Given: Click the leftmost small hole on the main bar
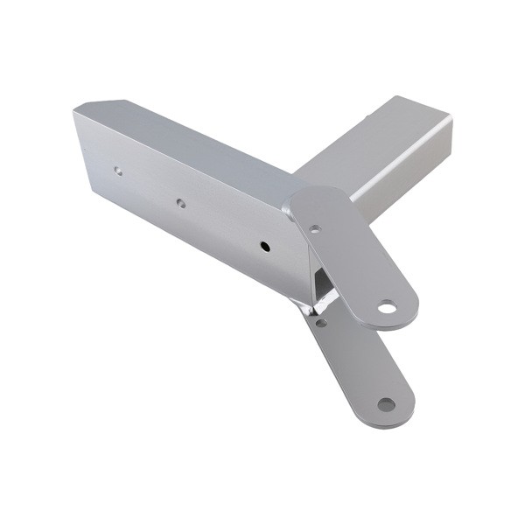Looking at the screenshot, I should [x=118, y=171].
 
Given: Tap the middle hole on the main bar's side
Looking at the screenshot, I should [x=180, y=203].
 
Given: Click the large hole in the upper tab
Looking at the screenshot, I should [x=386, y=307].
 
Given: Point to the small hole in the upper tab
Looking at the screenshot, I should [x=315, y=230].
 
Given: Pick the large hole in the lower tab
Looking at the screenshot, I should [x=386, y=404].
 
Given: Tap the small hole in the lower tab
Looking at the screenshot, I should [x=321, y=323].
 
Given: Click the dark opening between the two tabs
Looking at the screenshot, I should [x=323, y=284].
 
